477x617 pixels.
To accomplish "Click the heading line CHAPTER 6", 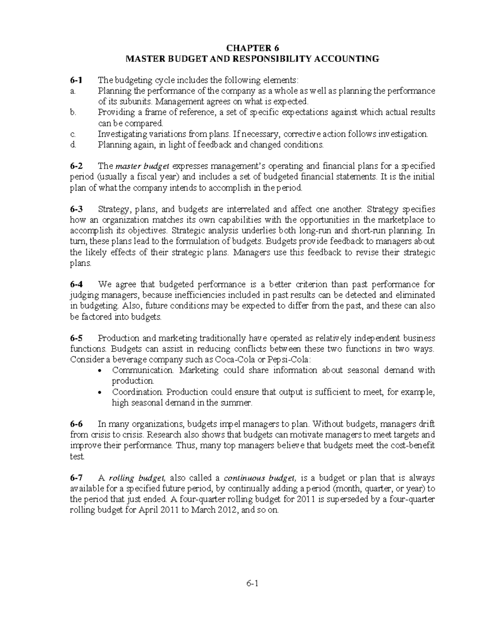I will coord(252,48).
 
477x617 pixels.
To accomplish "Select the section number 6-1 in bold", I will coord(76,80).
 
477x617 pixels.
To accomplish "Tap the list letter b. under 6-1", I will coord(72,112).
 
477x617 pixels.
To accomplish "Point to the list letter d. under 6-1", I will coord(72,145).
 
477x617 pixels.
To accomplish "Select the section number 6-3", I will coord(76,209).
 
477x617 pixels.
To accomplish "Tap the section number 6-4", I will coord(76,284).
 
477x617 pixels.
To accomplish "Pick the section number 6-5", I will coord(76,338).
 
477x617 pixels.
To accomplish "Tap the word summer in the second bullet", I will coord(239,402).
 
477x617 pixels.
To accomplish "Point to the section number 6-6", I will coord(76,424).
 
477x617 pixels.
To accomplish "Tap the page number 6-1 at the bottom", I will coord(252,584).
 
